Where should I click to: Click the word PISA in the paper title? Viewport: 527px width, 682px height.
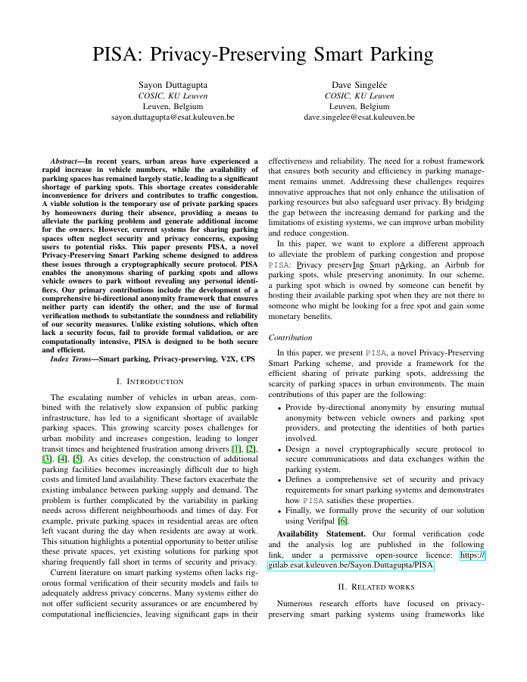(x=117, y=55)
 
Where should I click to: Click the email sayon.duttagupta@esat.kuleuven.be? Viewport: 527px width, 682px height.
(x=173, y=117)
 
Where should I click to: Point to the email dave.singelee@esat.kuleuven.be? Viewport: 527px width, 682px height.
(x=359, y=117)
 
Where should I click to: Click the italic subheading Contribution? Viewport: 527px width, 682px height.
(x=292, y=337)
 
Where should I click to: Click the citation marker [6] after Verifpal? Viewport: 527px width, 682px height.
(x=343, y=522)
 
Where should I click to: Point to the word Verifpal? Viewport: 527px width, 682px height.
(x=322, y=522)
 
